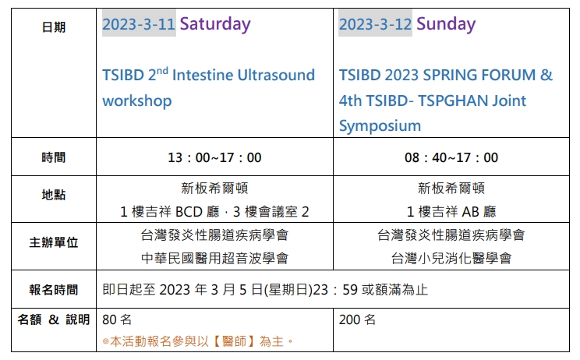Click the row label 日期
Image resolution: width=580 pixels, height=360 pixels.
(54, 27)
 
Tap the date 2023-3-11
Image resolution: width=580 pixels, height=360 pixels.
(139, 24)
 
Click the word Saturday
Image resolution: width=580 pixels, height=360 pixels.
(215, 24)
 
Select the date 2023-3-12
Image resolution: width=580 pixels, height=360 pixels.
(375, 24)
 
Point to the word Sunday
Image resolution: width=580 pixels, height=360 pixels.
(446, 24)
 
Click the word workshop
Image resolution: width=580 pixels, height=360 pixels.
(137, 101)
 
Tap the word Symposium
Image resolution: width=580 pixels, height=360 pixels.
(380, 126)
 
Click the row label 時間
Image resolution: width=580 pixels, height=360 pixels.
(54, 157)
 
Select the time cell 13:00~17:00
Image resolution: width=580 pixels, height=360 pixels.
(214, 158)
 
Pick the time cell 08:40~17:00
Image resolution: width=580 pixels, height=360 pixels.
(451, 158)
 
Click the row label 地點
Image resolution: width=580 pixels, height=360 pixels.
(54, 195)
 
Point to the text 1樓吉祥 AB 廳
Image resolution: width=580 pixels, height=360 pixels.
(451, 212)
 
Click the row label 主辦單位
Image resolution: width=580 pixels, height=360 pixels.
(54, 242)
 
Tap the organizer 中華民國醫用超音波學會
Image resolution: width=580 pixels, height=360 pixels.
(214, 259)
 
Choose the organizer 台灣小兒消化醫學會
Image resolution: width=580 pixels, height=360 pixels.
(451, 259)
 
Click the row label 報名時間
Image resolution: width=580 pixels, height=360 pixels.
(54, 290)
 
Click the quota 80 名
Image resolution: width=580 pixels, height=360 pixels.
(117, 319)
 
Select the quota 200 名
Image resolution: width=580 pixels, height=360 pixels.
(357, 319)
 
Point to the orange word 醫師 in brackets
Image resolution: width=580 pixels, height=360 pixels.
(235, 341)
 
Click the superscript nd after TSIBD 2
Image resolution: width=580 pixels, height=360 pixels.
(162, 70)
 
